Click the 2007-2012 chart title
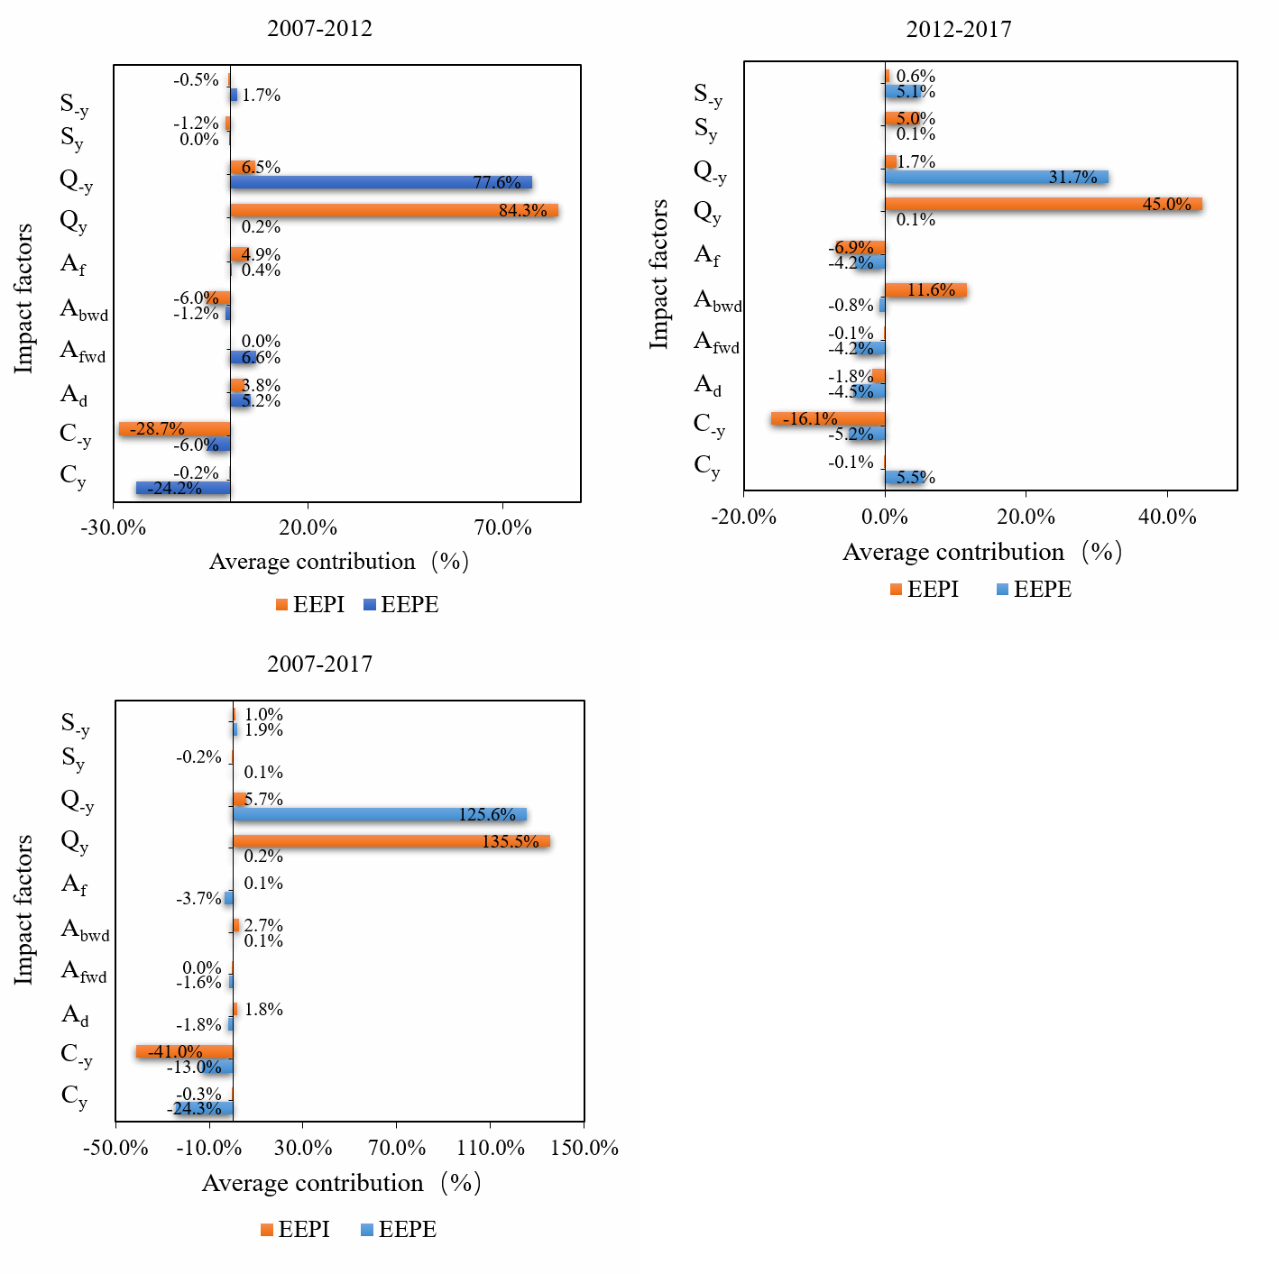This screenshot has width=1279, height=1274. click(x=319, y=28)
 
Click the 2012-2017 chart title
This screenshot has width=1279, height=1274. click(x=959, y=30)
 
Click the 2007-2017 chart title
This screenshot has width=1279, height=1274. click(x=319, y=664)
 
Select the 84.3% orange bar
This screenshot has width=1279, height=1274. click(x=394, y=211)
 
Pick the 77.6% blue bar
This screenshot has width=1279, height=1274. click(x=381, y=182)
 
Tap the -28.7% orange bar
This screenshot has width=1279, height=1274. click(x=174, y=429)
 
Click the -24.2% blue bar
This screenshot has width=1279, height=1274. click(x=183, y=488)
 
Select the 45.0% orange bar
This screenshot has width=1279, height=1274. click(x=1043, y=205)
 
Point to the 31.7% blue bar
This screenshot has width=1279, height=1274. click(x=997, y=177)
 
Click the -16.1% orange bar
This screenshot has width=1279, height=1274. click(x=828, y=418)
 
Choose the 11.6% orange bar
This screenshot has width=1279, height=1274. click(x=925, y=290)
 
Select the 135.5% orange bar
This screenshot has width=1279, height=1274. click(x=391, y=841)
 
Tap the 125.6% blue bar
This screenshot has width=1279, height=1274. click(x=380, y=814)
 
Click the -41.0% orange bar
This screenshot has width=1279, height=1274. click(x=184, y=1051)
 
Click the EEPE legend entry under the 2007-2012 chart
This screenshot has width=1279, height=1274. click(x=400, y=605)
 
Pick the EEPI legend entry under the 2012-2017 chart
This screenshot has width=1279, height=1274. click(x=924, y=590)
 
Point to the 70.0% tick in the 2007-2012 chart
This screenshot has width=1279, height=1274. click(x=502, y=528)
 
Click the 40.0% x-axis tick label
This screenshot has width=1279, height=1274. click(x=1166, y=518)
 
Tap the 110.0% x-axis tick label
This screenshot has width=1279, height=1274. click(x=490, y=1149)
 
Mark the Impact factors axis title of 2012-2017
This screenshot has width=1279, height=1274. click(x=659, y=274)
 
